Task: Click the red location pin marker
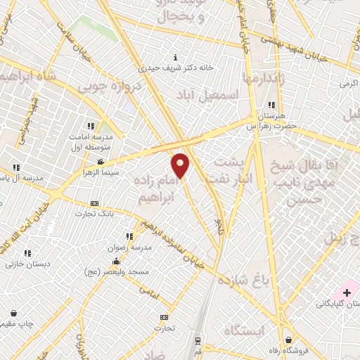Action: click(181, 165)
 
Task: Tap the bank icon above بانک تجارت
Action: click(95, 203)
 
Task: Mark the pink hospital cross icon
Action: click(348, 291)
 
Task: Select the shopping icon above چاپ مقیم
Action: click(14, 313)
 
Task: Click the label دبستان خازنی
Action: click(20, 264)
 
